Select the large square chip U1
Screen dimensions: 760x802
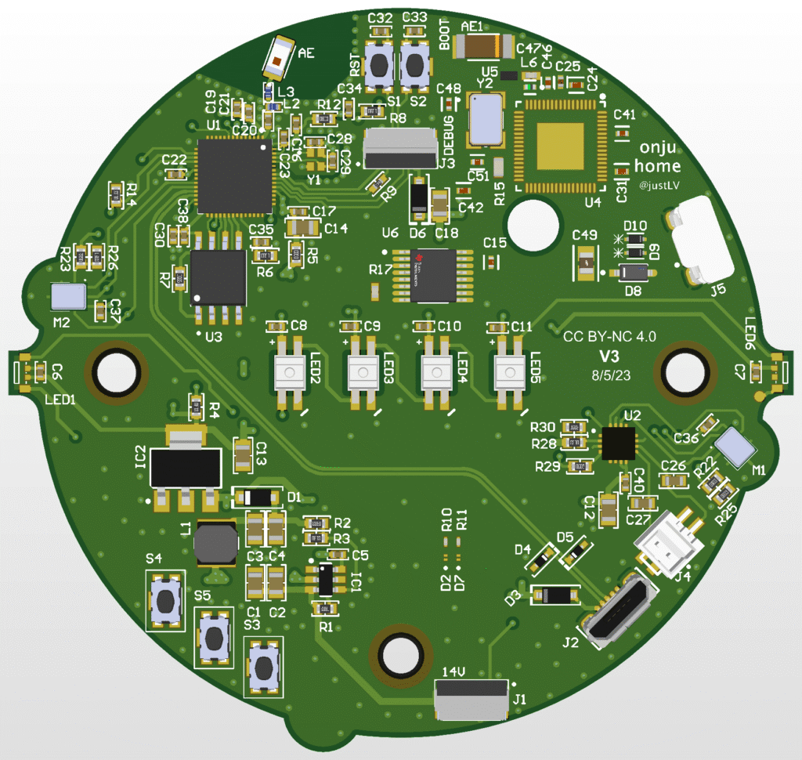tap(235, 176)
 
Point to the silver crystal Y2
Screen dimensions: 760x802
tap(486, 119)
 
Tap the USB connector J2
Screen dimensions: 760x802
tap(618, 613)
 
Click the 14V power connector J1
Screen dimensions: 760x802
tap(471, 699)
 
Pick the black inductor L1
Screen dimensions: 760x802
tap(215, 542)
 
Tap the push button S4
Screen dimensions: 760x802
tap(166, 600)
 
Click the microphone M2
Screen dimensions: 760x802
tap(68, 297)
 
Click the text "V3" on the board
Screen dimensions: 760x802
tap(609, 356)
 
